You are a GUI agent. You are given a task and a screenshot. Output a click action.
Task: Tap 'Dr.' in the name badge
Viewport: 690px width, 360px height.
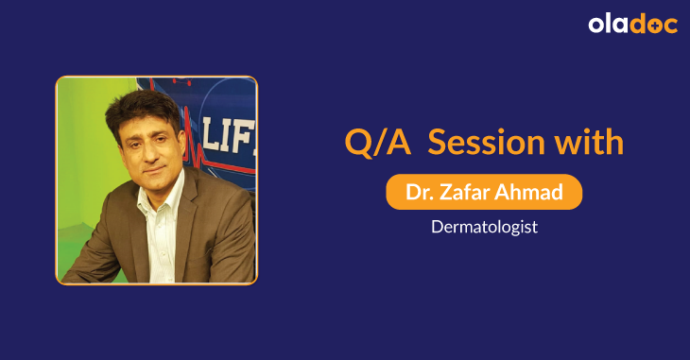coord(419,192)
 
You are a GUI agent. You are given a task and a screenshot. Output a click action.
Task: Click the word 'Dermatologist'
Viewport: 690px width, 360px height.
coord(484,228)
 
